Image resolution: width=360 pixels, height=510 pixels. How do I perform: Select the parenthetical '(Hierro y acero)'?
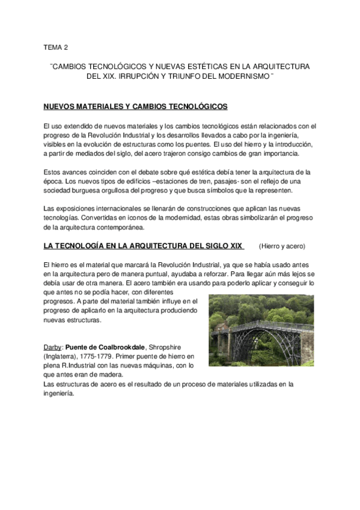tap(282, 246)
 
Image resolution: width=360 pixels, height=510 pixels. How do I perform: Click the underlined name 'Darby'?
tap(52, 348)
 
